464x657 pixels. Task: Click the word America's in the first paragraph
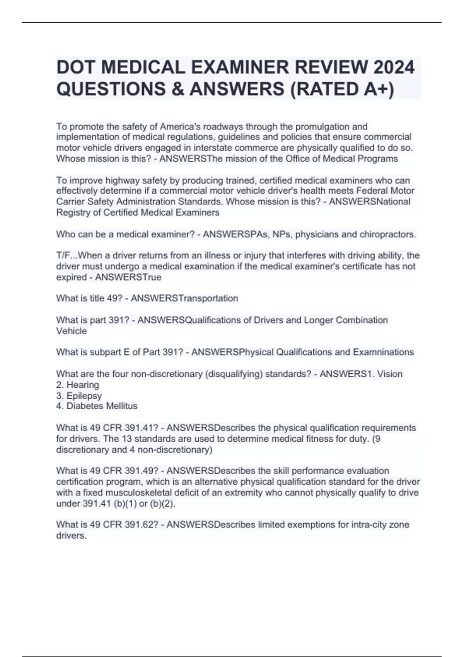[x=180, y=126]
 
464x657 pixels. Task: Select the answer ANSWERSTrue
[x=128, y=277]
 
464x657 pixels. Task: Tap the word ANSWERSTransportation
[x=184, y=298]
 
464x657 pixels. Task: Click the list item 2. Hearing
[x=78, y=385]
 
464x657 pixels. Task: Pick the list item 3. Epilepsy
[x=79, y=396]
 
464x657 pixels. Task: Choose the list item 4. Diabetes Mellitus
[x=97, y=406]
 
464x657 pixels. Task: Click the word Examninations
[x=383, y=352]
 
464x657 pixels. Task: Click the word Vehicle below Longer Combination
[x=72, y=331]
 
